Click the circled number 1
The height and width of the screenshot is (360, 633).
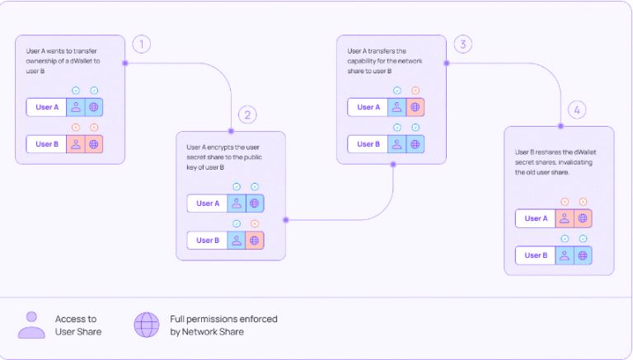pyautogui.click(x=141, y=44)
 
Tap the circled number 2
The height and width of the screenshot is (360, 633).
pyautogui.click(x=247, y=115)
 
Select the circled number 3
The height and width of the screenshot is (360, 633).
pyautogui.click(x=463, y=44)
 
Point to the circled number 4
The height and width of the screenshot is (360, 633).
pyautogui.click(x=577, y=110)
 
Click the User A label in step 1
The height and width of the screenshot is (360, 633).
pyautogui.click(x=47, y=107)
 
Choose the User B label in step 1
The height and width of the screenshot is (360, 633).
pyautogui.click(x=47, y=144)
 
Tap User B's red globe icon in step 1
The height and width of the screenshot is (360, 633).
pyautogui.click(x=94, y=144)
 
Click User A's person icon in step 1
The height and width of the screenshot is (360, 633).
pyautogui.click(x=76, y=107)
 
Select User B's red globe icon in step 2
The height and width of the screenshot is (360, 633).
pyautogui.click(x=255, y=240)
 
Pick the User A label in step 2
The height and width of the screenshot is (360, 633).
pyautogui.click(x=208, y=203)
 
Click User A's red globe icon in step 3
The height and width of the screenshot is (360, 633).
pyautogui.click(x=415, y=107)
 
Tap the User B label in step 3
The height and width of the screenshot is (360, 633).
pyautogui.click(x=368, y=144)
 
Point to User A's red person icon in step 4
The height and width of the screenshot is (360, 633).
pyautogui.click(x=565, y=218)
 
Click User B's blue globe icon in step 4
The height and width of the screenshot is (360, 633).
pyautogui.click(x=583, y=255)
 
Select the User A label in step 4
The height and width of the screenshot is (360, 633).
pyautogui.click(x=536, y=218)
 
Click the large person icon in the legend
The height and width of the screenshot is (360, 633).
pyautogui.click(x=31, y=325)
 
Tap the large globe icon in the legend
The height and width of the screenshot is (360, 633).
pyautogui.click(x=147, y=325)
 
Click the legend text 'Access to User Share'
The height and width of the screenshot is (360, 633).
pyautogui.click(x=78, y=325)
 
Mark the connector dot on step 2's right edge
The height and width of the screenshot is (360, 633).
pyautogui.click(x=286, y=220)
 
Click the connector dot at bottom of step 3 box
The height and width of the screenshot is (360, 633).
pyautogui.click(x=393, y=164)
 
